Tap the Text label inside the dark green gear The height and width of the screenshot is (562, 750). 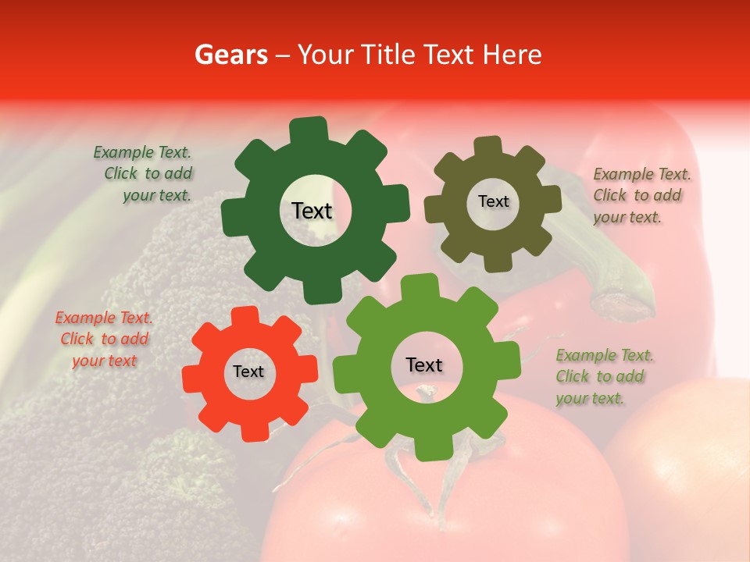[x=312, y=211]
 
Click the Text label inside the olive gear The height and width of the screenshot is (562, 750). [x=493, y=201]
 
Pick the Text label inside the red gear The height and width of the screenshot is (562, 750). [x=248, y=372]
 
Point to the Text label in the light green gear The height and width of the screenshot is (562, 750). [x=424, y=365]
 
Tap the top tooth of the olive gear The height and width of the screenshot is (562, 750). [x=488, y=146]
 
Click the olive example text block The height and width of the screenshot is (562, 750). [x=641, y=195]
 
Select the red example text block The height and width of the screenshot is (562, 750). [x=104, y=340]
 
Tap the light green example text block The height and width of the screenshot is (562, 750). [x=603, y=376]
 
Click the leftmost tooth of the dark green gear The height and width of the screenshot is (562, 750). [x=232, y=216]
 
